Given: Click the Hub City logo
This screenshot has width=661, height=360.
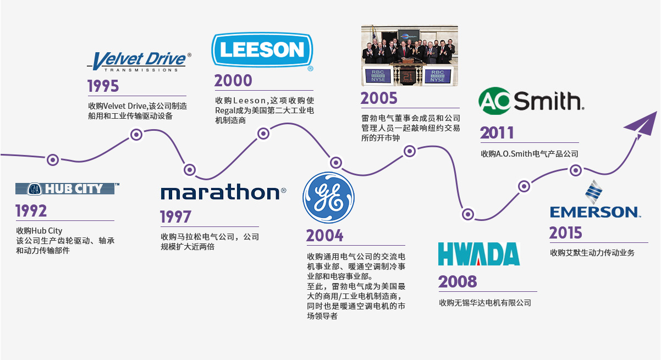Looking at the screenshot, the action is pos(67,189).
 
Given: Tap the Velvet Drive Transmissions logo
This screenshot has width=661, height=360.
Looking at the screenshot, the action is pos(139,62).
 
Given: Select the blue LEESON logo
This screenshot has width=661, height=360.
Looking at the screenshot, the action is pos(262,51).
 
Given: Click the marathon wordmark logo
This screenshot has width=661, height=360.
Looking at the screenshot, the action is pos(223,192).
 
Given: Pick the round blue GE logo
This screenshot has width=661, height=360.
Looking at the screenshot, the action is pos(328,197).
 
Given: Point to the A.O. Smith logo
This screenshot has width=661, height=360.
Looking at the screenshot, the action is pos(531,101).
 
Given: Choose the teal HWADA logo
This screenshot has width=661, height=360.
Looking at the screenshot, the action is pos(479,254).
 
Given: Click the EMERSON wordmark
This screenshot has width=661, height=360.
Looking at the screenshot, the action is pos(595,212).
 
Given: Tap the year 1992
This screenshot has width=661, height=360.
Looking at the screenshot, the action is pos(31,211).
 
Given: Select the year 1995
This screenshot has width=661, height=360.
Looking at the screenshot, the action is pos(103,86).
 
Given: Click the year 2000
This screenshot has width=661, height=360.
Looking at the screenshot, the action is pos(233,80).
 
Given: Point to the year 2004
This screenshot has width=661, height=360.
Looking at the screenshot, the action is pos(324,236).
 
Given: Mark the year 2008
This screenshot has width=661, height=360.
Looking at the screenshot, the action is pos(458,281).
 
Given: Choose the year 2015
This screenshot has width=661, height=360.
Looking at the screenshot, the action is pos(565,232).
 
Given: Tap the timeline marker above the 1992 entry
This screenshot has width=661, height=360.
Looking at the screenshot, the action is pos(53,160).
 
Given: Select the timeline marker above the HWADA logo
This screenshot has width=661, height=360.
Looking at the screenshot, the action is pos(468,214).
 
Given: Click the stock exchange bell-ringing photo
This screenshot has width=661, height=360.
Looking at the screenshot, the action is pos(410,56).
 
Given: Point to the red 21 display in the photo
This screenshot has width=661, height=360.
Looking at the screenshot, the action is pos(408,77).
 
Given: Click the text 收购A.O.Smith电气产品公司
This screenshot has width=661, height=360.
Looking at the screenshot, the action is pos(530,153).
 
